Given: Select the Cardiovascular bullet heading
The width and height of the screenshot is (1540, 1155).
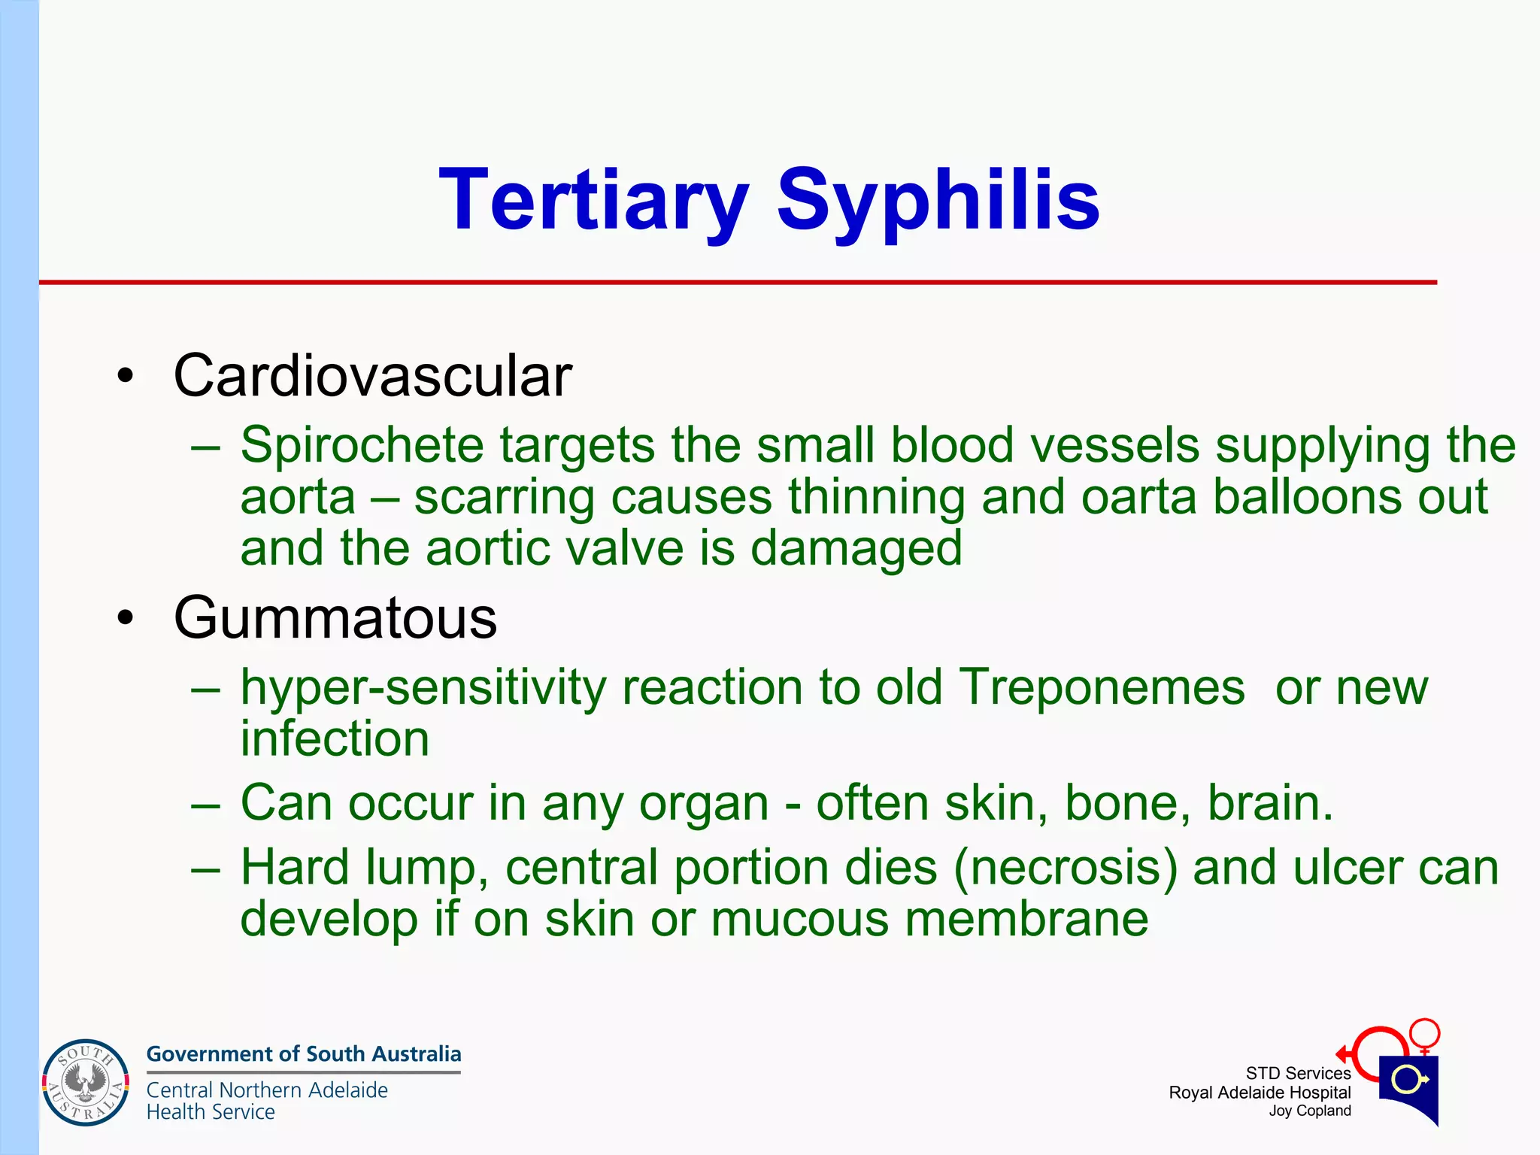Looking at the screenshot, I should [372, 376].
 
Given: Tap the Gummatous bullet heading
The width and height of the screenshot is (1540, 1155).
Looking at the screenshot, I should [335, 618].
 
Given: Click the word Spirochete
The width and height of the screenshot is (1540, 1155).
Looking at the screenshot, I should [362, 445].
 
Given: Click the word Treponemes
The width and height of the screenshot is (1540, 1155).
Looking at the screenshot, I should [1102, 687].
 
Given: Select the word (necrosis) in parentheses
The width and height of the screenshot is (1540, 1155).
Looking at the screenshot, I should [1066, 868].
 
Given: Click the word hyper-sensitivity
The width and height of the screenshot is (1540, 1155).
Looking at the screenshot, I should [423, 689].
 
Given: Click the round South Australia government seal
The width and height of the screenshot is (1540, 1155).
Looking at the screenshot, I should [86, 1083].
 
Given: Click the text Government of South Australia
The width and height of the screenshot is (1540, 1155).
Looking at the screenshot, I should [303, 1054].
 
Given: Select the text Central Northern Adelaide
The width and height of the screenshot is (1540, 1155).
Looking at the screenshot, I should [267, 1090].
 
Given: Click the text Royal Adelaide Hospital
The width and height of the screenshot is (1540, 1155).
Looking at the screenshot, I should [1260, 1093].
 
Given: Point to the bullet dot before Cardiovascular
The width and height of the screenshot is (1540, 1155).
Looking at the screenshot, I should [126, 376].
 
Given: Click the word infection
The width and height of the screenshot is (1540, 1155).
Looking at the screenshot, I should [335, 738].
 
